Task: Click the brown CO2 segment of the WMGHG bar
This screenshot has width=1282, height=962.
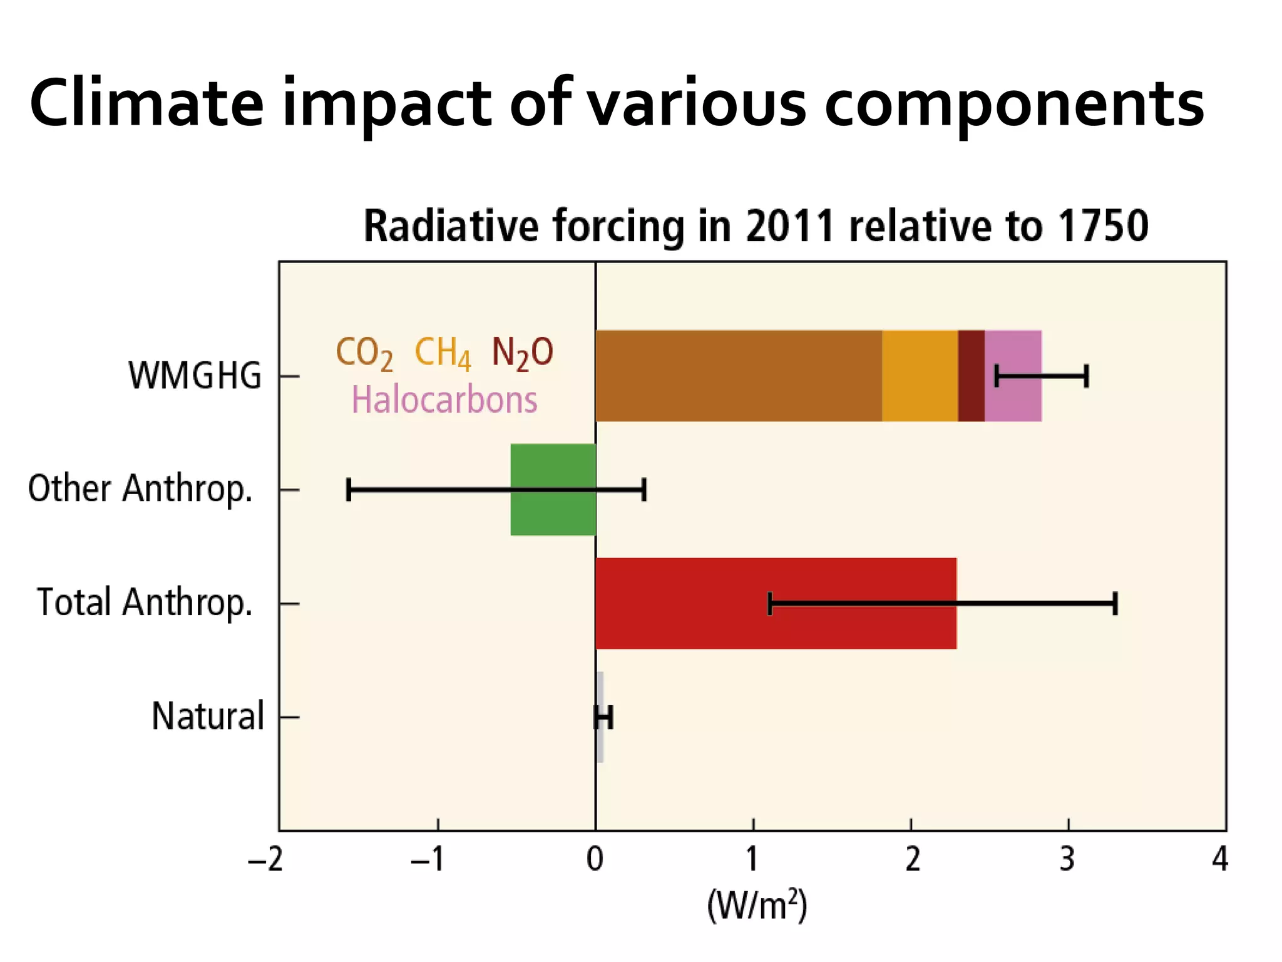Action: (x=739, y=376)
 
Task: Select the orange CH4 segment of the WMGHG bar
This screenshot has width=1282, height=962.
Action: (x=920, y=376)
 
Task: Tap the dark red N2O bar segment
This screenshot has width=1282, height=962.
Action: (x=971, y=376)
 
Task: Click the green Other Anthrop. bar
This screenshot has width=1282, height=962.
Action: (x=553, y=514)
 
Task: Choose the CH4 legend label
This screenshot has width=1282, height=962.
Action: (x=442, y=353)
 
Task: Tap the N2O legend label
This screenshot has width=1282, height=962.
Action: (x=522, y=353)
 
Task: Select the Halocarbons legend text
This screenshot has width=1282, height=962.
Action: (x=444, y=400)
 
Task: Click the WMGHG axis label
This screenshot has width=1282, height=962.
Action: (x=195, y=376)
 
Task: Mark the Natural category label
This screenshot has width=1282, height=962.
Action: (x=208, y=716)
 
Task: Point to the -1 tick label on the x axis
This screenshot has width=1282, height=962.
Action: (x=428, y=859)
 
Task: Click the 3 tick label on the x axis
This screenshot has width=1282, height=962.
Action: (x=1067, y=859)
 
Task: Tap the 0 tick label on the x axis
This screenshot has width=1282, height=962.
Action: (x=595, y=859)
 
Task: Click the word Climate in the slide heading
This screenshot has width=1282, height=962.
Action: (x=146, y=103)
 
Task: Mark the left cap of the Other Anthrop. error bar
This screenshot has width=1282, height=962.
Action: (x=349, y=490)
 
